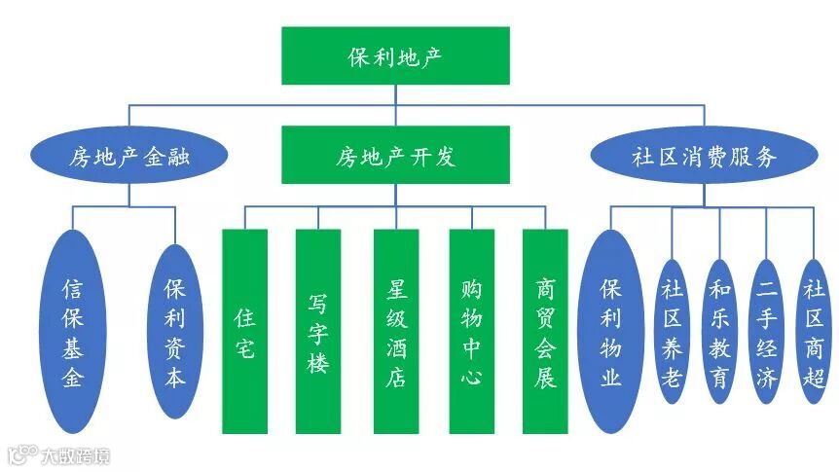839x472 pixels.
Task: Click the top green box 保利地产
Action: pyautogui.click(x=395, y=55)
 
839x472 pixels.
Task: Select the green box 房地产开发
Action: pyautogui.click(x=395, y=156)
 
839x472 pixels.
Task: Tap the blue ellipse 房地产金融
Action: pyautogui.click(x=128, y=156)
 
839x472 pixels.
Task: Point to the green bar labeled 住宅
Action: pyautogui.click(x=244, y=331)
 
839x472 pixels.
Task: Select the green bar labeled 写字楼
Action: pyautogui.click(x=318, y=331)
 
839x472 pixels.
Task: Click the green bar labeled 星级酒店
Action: pyautogui.click(x=395, y=331)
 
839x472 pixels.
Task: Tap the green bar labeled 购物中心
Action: pyautogui.click(x=471, y=331)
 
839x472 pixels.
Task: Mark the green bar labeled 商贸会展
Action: pyautogui.click(x=545, y=331)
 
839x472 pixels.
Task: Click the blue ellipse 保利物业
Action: pyautogui.click(x=611, y=331)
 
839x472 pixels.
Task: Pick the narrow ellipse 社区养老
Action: pyautogui.click(x=672, y=331)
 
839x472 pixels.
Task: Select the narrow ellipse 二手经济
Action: pyautogui.click(x=767, y=331)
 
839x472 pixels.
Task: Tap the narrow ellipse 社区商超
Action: pyautogui.click(x=814, y=331)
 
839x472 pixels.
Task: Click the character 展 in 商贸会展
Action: pyautogui.click(x=545, y=377)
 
